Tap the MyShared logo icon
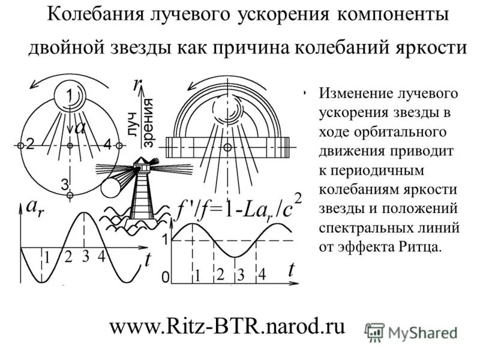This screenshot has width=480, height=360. tap(375, 332)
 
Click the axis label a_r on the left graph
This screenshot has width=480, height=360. tap(34, 208)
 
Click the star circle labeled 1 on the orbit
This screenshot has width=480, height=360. tap(70, 95)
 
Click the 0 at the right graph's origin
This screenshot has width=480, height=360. tap(164, 280)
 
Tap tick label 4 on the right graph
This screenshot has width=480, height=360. tap(262, 275)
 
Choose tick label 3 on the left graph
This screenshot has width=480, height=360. tap(86, 257)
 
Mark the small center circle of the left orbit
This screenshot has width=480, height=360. tap(70, 146)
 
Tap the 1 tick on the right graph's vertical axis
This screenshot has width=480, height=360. tap(163, 239)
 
